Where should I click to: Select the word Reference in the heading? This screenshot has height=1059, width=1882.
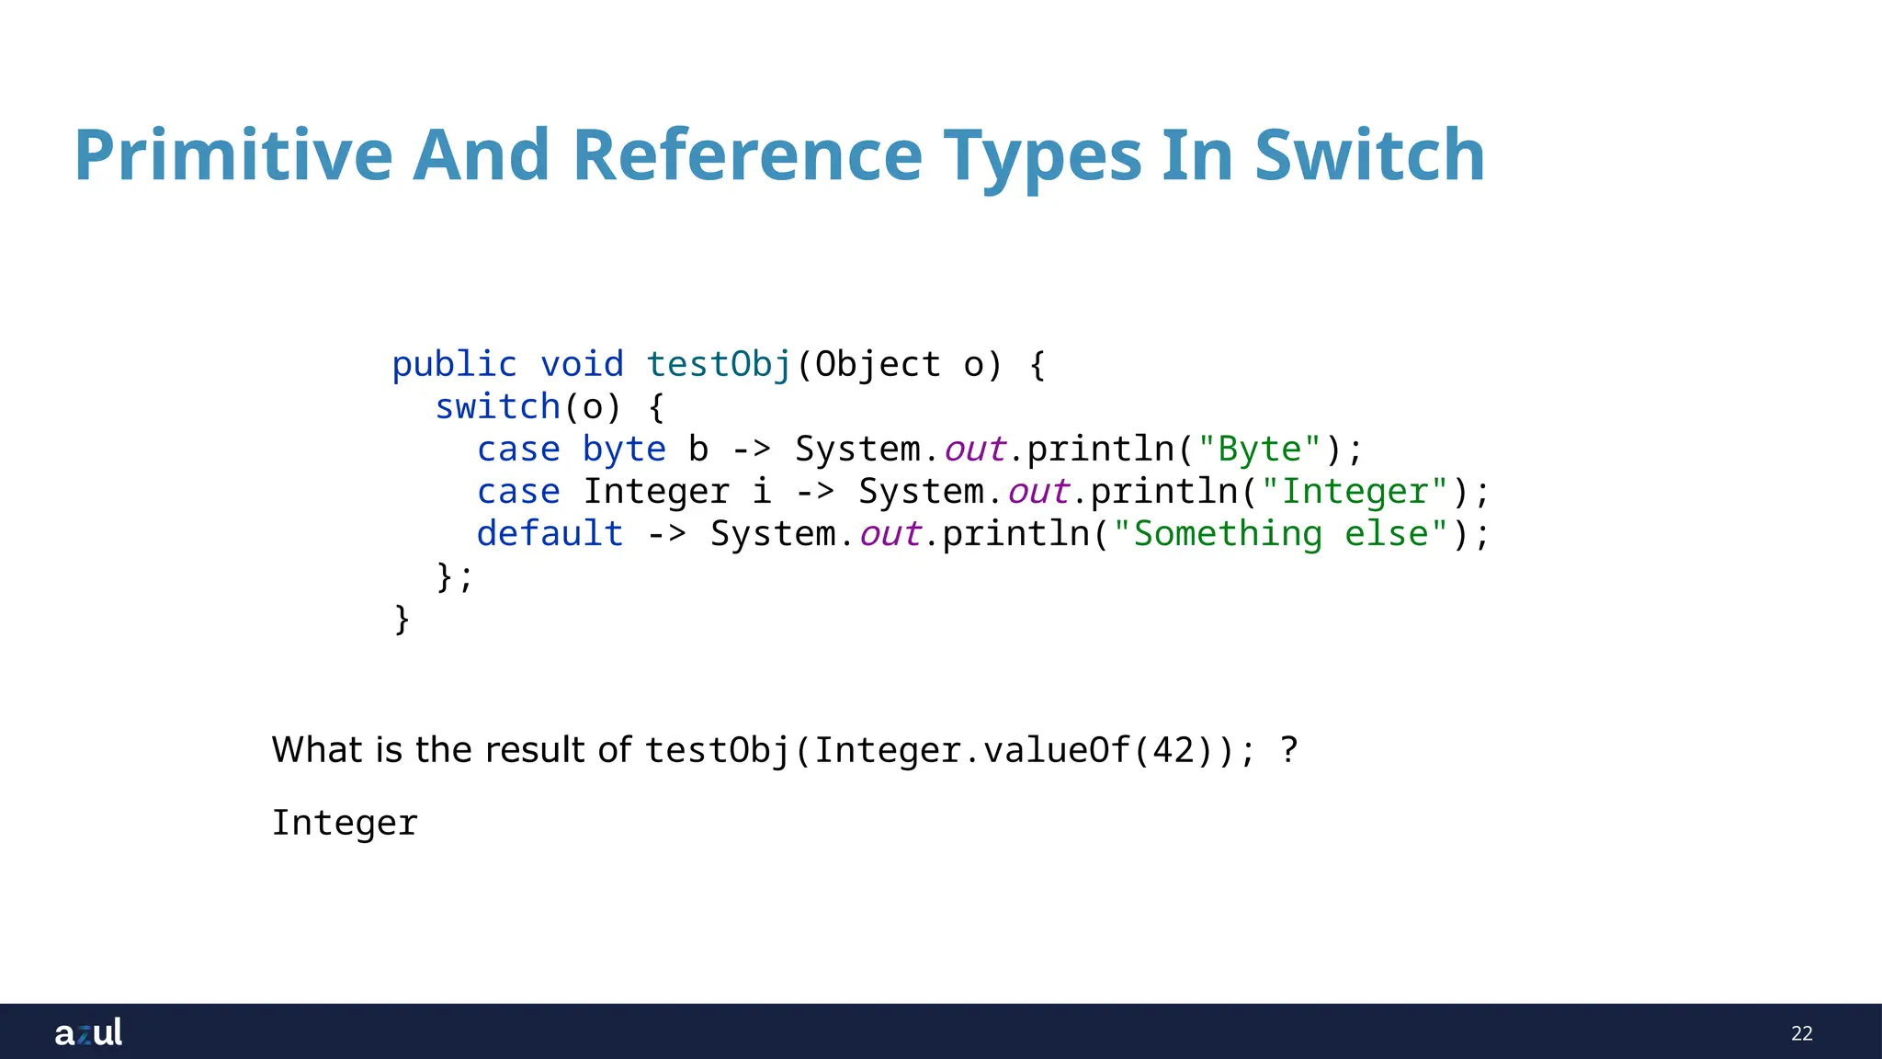click(x=746, y=155)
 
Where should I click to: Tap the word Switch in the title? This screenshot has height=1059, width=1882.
click(x=1369, y=155)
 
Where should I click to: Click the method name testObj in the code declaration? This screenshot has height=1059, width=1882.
click(x=719, y=365)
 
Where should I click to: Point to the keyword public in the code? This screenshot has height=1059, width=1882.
click(x=454, y=365)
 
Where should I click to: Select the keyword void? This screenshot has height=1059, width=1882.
click(x=582, y=365)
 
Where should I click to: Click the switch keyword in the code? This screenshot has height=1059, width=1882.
click(x=497, y=407)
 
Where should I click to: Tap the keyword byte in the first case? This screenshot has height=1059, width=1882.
click(x=624, y=450)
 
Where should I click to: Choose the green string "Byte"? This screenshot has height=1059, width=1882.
click(x=1259, y=450)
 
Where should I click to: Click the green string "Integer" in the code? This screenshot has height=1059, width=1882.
click(x=1355, y=492)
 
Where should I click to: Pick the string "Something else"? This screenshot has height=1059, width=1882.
click(x=1281, y=534)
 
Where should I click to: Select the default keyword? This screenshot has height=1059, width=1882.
click(x=550, y=534)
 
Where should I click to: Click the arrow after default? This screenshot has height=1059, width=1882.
click(x=666, y=534)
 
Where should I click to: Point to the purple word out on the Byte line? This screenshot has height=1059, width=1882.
click(x=974, y=450)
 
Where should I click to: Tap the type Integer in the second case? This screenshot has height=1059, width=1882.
click(x=656, y=492)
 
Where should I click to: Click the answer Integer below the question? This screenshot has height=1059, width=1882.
click(x=345, y=823)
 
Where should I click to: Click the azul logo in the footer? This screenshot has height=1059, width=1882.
click(x=88, y=1032)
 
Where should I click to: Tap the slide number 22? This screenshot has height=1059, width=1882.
click(x=1801, y=1033)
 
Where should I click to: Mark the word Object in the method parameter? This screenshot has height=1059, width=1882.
click(x=878, y=365)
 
